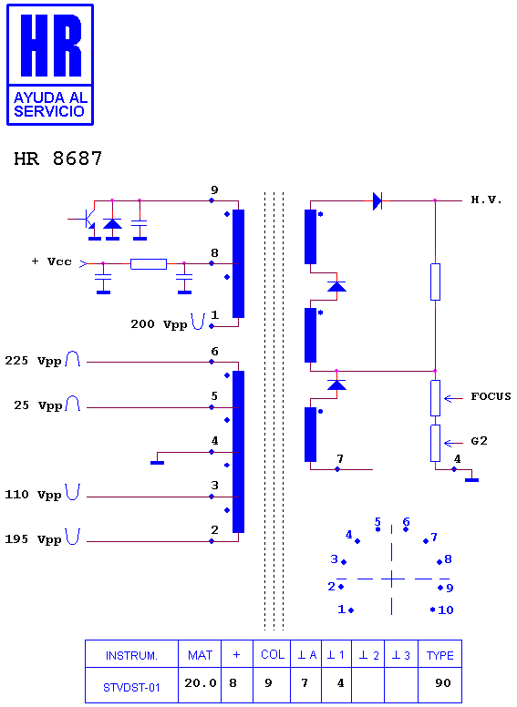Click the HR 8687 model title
point(58,159)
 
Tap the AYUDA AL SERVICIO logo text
point(50,105)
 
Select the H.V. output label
point(486,200)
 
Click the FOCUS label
point(491,396)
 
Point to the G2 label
point(479,441)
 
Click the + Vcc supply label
point(52,261)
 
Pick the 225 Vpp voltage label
point(33,361)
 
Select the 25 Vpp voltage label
point(38,405)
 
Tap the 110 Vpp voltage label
point(33,495)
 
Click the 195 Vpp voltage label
point(33,539)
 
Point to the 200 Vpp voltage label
point(159,324)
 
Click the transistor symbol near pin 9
point(88,220)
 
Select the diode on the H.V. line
point(377,200)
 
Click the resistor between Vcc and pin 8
point(149,264)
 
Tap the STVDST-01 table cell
point(131,688)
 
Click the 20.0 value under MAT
point(201,683)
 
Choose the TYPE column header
point(439,656)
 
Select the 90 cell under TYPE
point(443,683)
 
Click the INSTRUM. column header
point(131,656)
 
